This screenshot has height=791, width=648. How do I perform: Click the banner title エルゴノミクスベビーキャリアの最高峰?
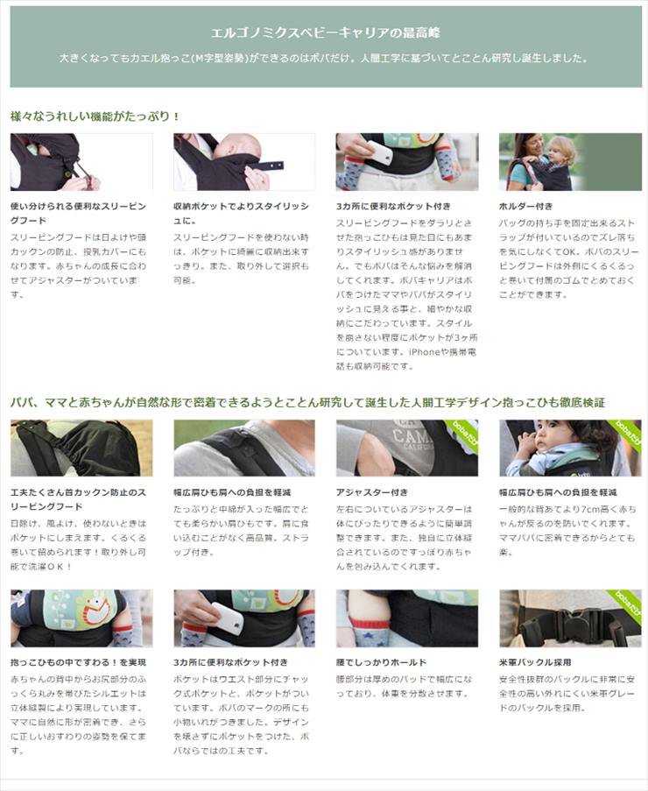tap(324, 32)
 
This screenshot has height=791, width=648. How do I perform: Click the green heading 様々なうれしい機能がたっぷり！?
tap(95, 116)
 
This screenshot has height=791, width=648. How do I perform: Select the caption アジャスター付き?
tap(372, 492)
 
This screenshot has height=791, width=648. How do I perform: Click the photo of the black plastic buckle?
tap(570, 618)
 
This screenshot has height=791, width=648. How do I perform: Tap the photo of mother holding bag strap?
tap(570, 162)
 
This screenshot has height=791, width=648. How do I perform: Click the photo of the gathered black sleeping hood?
tap(81, 448)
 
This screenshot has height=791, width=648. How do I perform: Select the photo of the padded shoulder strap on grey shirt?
tap(244, 448)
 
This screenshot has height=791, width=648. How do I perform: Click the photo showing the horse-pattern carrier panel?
tap(81, 618)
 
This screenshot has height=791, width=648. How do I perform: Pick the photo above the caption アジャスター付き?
tap(407, 448)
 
